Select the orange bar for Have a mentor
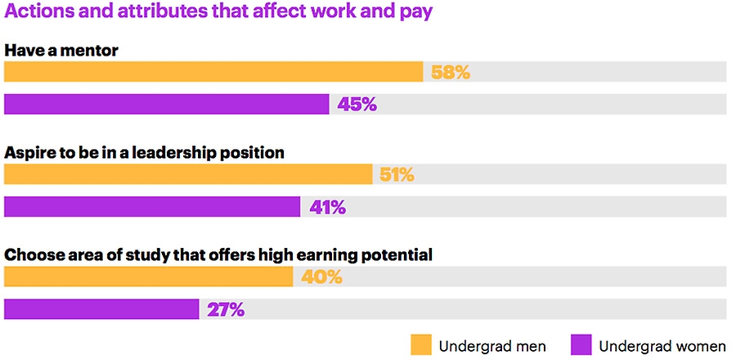click(213, 72)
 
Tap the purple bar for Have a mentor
click(166, 104)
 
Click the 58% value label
click(450, 73)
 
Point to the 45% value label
click(357, 105)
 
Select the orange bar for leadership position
click(188, 174)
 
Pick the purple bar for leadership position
click(152, 207)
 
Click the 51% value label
click(397, 175)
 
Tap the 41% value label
click(327, 208)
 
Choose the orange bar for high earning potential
click(148, 277)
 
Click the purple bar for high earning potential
click(101, 309)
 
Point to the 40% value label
click(321, 278)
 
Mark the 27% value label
click(225, 310)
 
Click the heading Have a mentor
click(62, 51)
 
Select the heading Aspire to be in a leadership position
click(145, 153)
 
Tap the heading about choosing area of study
click(218, 255)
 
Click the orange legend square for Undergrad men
click(420, 344)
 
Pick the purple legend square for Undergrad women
click(581, 344)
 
